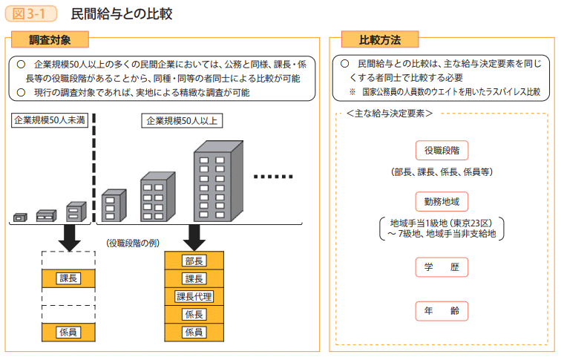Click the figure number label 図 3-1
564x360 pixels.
[30, 14]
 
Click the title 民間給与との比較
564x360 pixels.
[122, 14]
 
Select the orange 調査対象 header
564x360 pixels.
[50, 40]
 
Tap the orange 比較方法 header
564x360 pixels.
[379, 40]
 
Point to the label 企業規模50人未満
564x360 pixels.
[49, 121]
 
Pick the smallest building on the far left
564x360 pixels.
[20, 217]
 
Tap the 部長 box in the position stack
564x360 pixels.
[194, 261]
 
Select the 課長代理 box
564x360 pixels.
[194, 297]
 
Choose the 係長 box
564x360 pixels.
[194, 315]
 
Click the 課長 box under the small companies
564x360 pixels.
[68, 278]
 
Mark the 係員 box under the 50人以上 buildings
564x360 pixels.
[194, 333]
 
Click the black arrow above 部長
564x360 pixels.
[194, 236]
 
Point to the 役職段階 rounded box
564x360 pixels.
[442, 150]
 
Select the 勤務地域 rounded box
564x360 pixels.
[442, 200]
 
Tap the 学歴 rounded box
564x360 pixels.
[442, 266]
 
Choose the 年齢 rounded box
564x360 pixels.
[442, 311]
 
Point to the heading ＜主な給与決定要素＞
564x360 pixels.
[390, 114]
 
